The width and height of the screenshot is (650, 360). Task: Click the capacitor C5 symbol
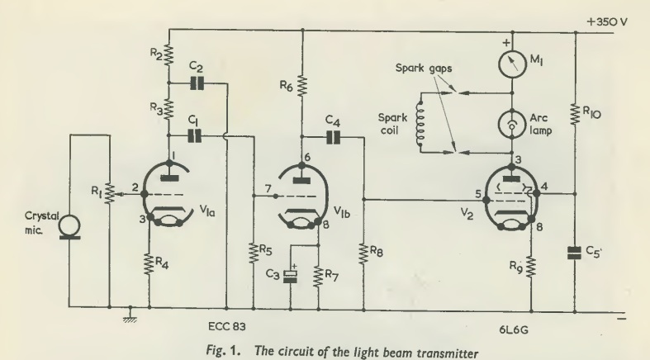[x=575, y=252]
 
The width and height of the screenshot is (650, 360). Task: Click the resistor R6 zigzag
[x=303, y=85]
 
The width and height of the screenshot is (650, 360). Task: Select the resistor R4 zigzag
[x=149, y=264]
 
